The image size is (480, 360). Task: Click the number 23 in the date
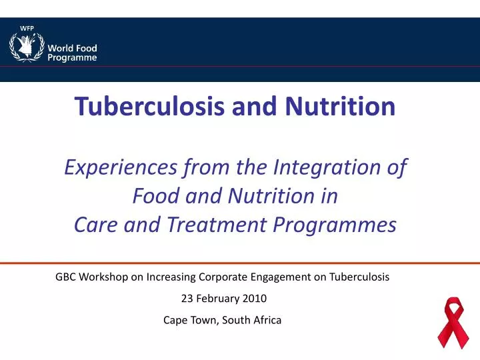pos(187,298)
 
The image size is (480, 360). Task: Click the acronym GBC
pos(65,276)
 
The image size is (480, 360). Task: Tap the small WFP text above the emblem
pos(27,27)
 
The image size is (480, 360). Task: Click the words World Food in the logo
pos(72,48)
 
